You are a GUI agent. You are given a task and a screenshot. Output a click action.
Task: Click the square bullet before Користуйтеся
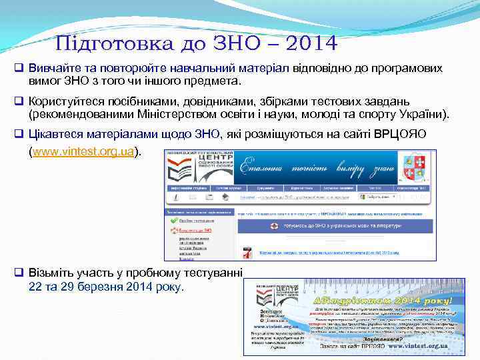20,101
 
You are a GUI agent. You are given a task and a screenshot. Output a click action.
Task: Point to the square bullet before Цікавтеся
20,134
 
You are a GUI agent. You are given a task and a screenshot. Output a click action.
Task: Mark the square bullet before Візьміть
20,274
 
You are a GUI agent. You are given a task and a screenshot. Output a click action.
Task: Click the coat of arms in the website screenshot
415,165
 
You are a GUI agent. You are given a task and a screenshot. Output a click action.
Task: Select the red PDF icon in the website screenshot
246,252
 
